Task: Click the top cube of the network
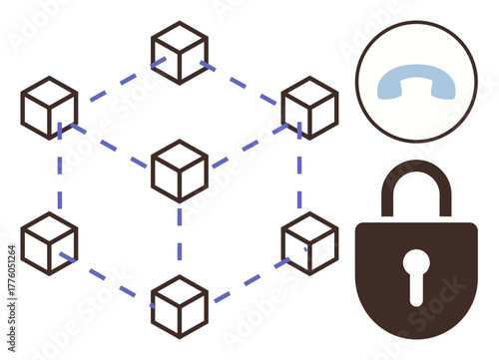tap(180, 51)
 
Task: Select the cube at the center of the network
tap(180, 171)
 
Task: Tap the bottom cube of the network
tap(180, 305)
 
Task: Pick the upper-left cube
tap(49, 107)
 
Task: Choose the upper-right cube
tap(309, 107)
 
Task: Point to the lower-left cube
tap(49, 242)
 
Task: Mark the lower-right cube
tap(309, 242)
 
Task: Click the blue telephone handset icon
tap(416, 84)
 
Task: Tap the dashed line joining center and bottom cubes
tap(180, 239)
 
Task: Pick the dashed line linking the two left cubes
tap(59, 175)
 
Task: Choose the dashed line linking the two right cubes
tap(299, 175)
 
